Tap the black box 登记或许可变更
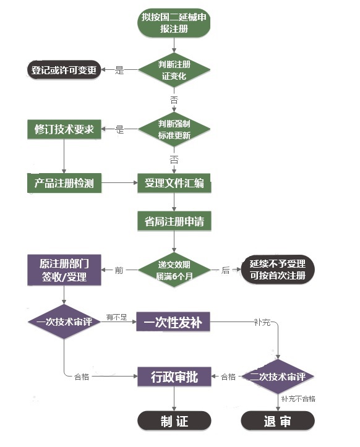click(x=64, y=70)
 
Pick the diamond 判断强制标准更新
click(x=174, y=129)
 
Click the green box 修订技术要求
click(x=64, y=129)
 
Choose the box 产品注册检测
click(x=64, y=183)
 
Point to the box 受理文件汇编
click(x=174, y=183)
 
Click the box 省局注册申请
click(x=174, y=221)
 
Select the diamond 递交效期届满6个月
click(x=174, y=270)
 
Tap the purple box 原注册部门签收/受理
click(x=64, y=270)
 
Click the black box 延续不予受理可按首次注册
click(x=276, y=270)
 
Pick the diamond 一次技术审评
click(x=64, y=322)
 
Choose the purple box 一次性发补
click(x=173, y=322)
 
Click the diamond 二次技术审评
click(x=278, y=376)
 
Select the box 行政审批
click(x=174, y=376)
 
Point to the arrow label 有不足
click(x=116, y=317)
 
